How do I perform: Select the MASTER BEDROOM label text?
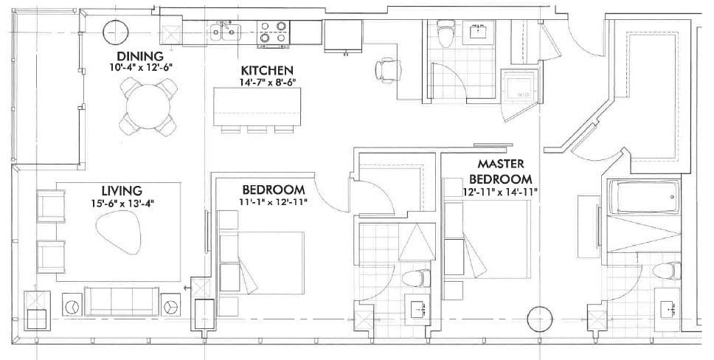(501, 172)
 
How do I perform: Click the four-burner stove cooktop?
(271, 34)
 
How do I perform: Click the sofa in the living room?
(122, 300)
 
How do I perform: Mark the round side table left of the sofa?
(72, 305)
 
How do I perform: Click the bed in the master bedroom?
(491, 240)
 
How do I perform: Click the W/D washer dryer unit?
(519, 86)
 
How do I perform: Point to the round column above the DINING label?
(115, 32)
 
